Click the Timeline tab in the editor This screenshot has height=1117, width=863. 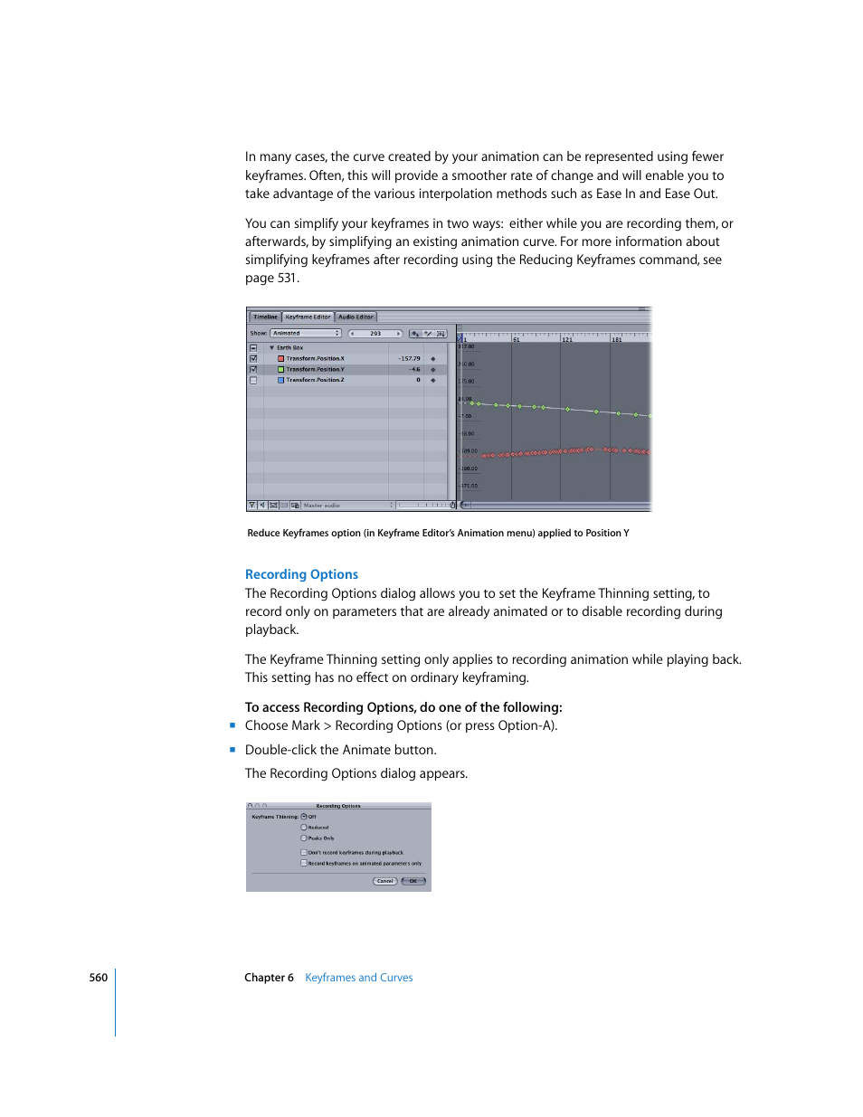(x=265, y=317)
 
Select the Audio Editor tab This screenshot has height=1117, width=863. (x=356, y=317)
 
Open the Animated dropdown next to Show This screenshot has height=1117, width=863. (x=306, y=334)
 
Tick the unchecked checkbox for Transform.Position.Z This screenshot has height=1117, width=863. (x=253, y=381)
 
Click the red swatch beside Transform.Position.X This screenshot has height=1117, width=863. (x=280, y=359)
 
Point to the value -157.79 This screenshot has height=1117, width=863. (x=409, y=359)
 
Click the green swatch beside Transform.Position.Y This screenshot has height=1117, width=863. (x=280, y=370)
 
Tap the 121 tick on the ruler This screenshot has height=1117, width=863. (x=566, y=339)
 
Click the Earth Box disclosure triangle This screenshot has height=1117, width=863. (x=271, y=348)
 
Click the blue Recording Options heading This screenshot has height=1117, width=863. (x=301, y=574)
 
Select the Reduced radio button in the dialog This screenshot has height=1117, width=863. (x=304, y=828)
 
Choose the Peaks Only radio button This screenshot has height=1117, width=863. (x=304, y=838)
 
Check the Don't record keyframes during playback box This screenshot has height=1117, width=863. (x=304, y=853)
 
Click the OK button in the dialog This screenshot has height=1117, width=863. (x=413, y=881)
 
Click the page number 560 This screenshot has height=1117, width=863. (x=98, y=978)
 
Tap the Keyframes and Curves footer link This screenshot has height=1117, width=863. (x=358, y=978)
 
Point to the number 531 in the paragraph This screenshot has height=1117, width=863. (x=287, y=279)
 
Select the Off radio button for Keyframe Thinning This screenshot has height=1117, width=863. (x=304, y=817)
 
